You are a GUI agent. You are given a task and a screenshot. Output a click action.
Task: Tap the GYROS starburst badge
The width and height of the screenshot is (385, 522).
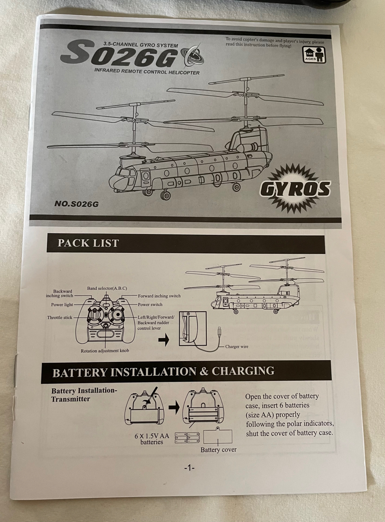295,188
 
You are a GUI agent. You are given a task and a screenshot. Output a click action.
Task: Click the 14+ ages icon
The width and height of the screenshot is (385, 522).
314,54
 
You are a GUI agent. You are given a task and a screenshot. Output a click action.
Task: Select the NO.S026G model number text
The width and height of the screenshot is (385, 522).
77,203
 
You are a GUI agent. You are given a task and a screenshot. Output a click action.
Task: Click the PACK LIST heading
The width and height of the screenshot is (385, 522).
88,243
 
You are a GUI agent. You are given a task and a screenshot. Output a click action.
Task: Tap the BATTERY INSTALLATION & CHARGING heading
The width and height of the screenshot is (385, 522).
163,372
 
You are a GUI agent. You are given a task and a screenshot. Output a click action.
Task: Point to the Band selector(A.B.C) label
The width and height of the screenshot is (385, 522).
107,288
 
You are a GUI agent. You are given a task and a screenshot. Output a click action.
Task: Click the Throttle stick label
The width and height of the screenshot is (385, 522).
59,318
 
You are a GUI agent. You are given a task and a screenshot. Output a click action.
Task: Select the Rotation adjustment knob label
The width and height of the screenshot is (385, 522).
104,350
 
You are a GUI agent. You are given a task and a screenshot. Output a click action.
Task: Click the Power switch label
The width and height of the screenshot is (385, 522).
150,304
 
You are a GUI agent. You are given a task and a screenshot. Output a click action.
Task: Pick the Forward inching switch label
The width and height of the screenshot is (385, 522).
159,296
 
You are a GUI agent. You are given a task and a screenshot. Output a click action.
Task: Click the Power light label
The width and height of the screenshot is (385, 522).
62,304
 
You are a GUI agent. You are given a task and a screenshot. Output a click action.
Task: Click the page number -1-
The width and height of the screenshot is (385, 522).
189,467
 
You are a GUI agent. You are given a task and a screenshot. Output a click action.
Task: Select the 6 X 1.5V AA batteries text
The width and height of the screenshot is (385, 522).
151,438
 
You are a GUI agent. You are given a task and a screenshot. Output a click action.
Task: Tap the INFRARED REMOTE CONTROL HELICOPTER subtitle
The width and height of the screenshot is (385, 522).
147,72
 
